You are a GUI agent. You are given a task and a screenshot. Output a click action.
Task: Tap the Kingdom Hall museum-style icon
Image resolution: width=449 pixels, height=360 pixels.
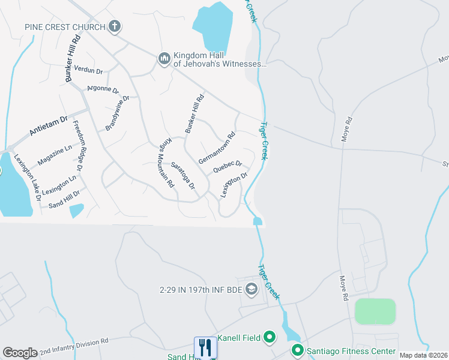pos(164,58)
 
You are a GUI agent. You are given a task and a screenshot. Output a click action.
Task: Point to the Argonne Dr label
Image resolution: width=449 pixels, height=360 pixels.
pos(103,89)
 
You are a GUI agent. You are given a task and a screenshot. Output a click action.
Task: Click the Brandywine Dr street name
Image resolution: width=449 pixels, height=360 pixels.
pos(118,113)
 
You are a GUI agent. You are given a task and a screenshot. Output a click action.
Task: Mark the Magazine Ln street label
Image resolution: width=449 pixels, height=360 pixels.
pos(54,155)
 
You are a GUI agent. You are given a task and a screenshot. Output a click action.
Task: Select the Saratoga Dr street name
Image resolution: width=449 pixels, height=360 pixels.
pos(182,175)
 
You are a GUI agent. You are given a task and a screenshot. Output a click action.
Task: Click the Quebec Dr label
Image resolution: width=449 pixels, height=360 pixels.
pos(227,166)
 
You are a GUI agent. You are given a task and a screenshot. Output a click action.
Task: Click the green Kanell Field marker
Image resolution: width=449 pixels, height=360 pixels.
pos(269,338)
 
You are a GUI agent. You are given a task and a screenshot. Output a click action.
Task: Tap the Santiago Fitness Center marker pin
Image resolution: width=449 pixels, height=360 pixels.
pos(297,350)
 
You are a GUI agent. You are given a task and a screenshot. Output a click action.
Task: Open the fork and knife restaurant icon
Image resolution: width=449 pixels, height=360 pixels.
pos(205,347)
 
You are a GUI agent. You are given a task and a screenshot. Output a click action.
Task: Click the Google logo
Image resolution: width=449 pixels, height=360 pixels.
pos(20,353)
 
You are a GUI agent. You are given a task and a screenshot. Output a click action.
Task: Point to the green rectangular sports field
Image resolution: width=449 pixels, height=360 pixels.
pos(375,311)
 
